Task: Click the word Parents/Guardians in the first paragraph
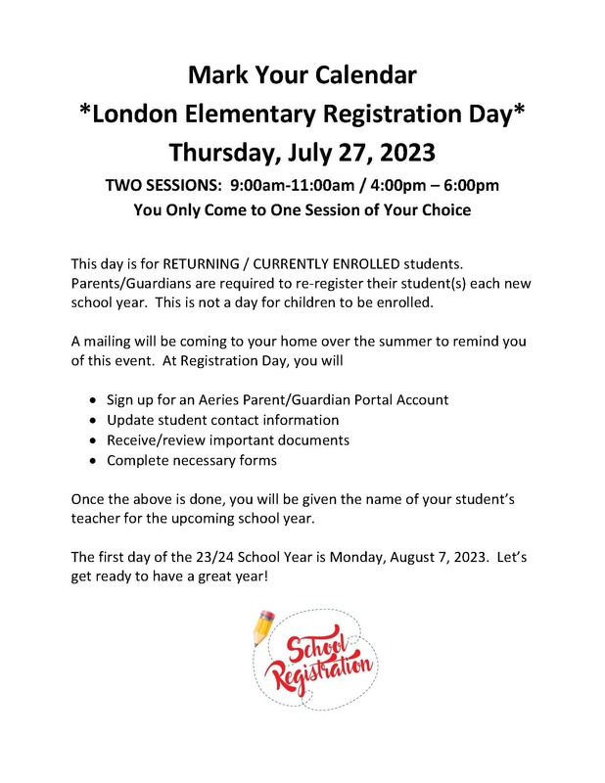coord(130,284)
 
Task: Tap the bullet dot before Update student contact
coord(93,420)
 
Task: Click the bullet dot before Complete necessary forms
coord(93,460)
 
